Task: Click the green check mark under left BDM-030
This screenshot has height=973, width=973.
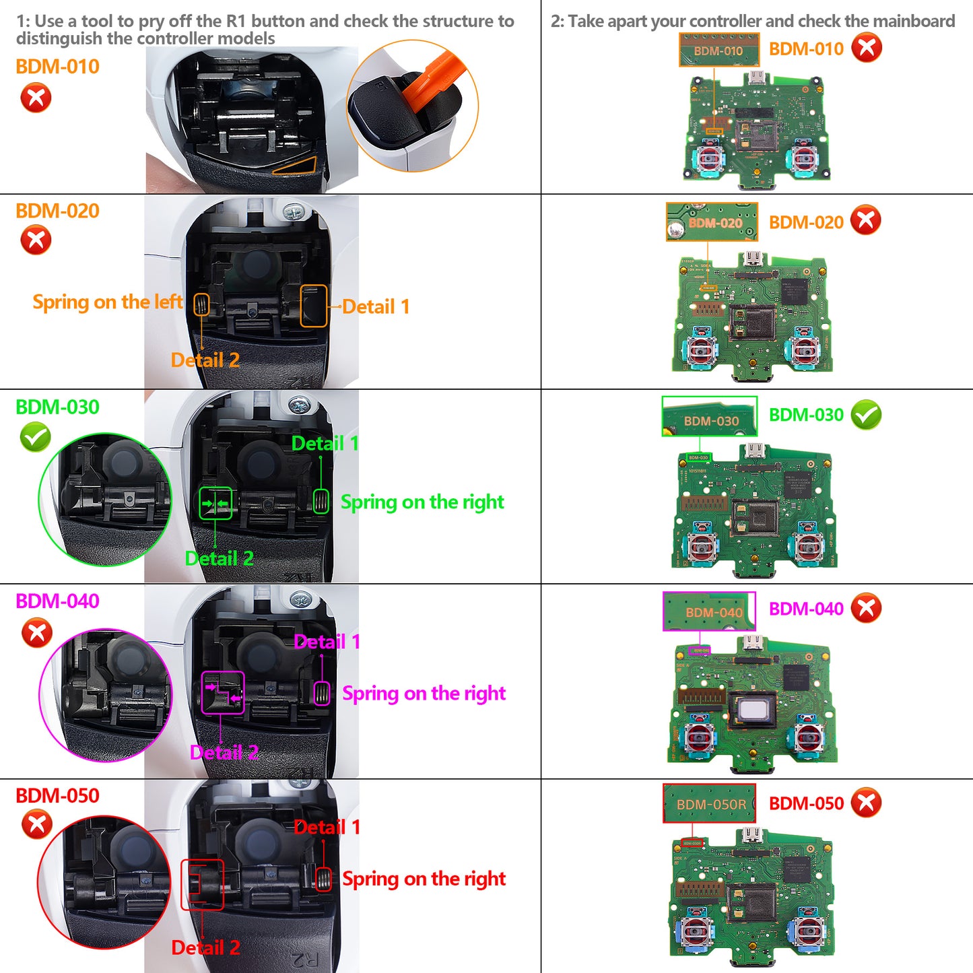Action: click(36, 438)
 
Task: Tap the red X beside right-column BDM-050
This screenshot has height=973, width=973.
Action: click(866, 803)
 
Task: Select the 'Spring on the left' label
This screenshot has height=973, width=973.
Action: click(107, 302)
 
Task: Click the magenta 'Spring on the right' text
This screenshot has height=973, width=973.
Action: click(424, 694)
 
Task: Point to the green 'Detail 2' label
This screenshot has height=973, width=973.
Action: click(219, 559)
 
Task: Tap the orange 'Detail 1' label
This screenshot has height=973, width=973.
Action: click(376, 307)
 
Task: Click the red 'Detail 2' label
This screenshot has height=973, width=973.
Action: click(205, 948)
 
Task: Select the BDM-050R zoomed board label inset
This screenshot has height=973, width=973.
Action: click(709, 803)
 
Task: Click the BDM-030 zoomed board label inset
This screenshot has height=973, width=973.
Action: click(709, 416)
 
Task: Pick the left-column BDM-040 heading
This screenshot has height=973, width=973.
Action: click(57, 601)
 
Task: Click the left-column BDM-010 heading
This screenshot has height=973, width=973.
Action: click(57, 67)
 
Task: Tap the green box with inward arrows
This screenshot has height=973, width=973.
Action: click(215, 504)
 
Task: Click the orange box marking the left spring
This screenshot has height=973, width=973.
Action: click(201, 304)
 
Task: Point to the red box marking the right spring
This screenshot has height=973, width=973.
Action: click(324, 879)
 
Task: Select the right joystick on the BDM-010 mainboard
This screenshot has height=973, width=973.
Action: click(805, 158)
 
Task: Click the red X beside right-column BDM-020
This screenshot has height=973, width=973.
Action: click(866, 220)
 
